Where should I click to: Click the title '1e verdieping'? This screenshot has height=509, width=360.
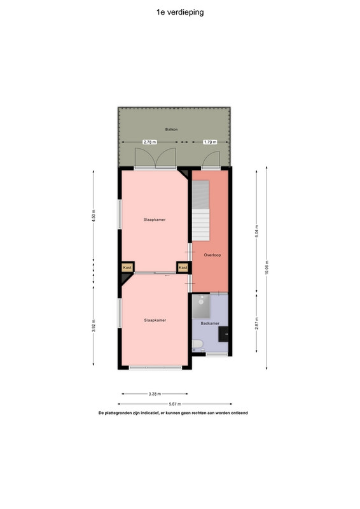[180, 12]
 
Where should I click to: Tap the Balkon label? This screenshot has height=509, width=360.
[171, 129]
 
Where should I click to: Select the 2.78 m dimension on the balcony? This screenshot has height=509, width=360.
[149, 142]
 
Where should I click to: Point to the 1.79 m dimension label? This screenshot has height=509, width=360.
[210, 142]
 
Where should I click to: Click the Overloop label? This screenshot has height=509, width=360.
[212, 255]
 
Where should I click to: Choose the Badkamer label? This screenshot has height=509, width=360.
[210, 323]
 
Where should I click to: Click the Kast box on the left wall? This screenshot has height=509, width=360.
[127, 267]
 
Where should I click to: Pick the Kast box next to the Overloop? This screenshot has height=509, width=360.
[183, 267]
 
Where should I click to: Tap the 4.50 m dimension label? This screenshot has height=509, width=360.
[93, 216]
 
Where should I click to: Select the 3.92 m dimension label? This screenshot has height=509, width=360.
[93, 326]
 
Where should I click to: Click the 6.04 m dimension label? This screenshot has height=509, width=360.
[256, 231]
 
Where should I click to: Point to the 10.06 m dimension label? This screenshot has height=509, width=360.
[267, 267]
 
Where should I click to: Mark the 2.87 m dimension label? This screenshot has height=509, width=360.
[256, 323]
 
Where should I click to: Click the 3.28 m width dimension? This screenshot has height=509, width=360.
[155, 394]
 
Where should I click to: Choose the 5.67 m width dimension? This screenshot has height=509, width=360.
[175, 404]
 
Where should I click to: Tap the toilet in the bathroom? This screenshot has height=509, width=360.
[197, 345]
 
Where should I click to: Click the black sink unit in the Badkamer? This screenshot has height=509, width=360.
[223, 334]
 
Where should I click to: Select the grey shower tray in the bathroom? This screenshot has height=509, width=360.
[201, 307]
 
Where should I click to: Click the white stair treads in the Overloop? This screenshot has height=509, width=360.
[201, 225]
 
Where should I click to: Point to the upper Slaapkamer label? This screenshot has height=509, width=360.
[155, 220]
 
